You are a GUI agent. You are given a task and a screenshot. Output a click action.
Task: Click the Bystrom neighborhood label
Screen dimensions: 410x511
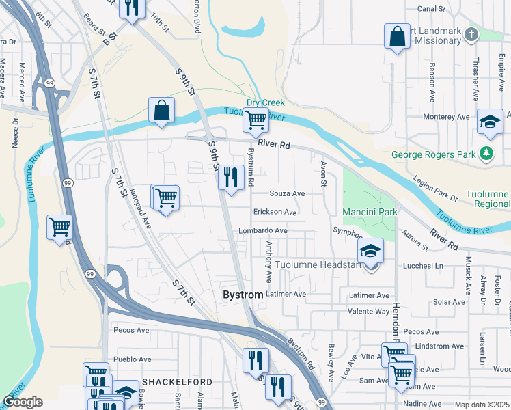click(x=243, y=295)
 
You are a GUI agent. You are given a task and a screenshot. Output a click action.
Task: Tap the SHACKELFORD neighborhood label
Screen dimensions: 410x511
click(x=177, y=381)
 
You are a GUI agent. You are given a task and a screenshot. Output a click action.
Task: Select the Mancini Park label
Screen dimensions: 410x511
click(x=370, y=213)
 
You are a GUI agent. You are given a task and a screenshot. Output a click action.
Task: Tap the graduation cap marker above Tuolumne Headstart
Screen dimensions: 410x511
click(x=371, y=251)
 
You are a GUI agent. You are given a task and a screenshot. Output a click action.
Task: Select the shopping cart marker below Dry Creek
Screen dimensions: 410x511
click(x=255, y=121)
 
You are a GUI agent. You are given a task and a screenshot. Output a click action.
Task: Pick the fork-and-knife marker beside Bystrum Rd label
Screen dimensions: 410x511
click(x=231, y=178)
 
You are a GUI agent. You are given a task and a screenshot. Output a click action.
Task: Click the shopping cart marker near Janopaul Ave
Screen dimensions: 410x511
click(x=165, y=198)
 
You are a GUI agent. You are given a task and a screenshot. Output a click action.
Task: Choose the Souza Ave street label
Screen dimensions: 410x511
click(x=286, y=193)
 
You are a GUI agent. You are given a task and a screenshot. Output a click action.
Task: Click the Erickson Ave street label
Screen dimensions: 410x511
click(x=275, y=213)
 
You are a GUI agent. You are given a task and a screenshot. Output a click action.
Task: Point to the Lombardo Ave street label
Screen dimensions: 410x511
click(x=263, y=231)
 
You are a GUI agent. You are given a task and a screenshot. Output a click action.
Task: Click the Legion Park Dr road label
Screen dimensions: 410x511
click(x=435, y=189)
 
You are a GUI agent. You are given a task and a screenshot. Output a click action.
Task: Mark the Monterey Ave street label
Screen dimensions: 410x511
click(x=446, y=117)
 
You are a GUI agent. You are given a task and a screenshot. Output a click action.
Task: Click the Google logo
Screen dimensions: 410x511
click(x=23, y=402)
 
